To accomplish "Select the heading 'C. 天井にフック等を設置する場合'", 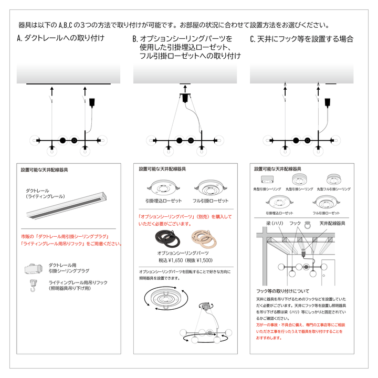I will tap(301, 38).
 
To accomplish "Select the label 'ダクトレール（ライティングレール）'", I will tap(46, 193).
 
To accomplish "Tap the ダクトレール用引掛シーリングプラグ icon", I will tap(35, 268).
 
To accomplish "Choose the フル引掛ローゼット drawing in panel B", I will tap(211, 187).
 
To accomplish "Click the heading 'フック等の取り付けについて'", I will tap(282, 290).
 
